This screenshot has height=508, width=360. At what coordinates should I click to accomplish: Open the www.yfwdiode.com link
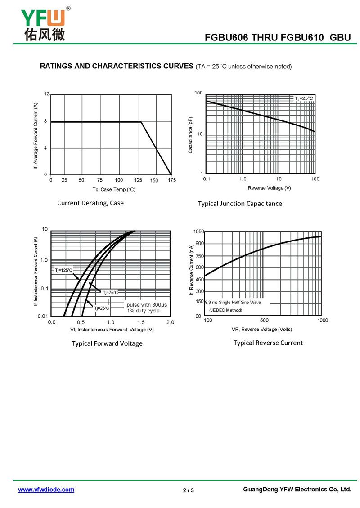[46, 490]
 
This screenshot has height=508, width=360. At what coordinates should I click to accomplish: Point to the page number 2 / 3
[189, 490]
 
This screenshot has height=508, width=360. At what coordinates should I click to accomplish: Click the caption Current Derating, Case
[90, 203]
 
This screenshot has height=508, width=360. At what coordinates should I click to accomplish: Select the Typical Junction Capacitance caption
[240, 204]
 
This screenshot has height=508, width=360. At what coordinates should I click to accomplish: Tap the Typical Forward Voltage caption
[107, 343]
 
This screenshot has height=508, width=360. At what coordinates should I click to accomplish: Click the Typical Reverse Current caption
[268, 343]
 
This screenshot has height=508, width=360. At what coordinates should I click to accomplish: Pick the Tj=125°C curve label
[63, 270]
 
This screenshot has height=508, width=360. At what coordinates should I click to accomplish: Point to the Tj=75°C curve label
[110, 293]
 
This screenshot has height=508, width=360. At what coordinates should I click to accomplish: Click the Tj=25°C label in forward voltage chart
[102, 308]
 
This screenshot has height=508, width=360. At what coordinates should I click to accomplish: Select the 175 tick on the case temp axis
[171, 180]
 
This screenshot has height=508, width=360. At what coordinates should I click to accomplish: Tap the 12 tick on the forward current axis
[46, 94]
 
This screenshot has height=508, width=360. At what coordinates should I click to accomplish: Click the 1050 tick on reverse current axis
[198, 232]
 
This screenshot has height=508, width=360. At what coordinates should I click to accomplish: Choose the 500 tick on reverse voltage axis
[264, 321]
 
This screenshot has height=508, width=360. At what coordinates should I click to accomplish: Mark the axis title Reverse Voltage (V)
[269, 188]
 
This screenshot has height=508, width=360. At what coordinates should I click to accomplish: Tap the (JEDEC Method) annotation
[226, 310]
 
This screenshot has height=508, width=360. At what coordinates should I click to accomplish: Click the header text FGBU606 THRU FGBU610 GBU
[278, 38]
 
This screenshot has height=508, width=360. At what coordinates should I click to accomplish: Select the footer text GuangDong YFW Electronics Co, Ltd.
[297, 490]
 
